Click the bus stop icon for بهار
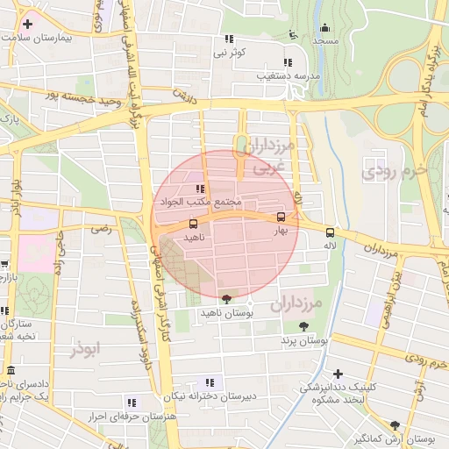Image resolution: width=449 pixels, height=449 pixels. [281, 217]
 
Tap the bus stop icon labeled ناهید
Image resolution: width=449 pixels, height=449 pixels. [193, 224]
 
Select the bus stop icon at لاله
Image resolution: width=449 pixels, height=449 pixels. [331, 232]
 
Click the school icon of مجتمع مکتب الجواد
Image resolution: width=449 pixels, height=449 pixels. [200, 189]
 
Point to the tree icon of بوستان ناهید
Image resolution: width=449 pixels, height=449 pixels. [228, 300]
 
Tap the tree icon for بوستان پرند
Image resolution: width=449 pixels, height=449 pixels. [303, 326]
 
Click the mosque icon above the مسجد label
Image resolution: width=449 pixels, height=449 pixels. [325, 28]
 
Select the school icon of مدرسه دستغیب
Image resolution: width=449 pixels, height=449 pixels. [287, 62]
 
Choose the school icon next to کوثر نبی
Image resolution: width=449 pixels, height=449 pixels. [230, 39]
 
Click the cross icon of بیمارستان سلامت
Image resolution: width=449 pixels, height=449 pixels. [29, 25]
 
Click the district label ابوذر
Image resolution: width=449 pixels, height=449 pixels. [87, 348]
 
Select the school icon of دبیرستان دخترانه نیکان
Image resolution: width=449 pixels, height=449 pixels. [210, 381]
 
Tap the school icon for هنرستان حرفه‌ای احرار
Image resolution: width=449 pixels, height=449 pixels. [132, 403]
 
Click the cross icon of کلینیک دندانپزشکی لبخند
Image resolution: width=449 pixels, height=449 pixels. [339, 374]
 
